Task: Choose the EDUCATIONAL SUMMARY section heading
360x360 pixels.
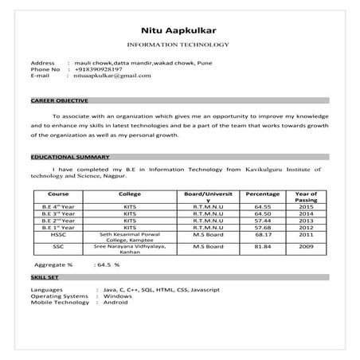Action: (64, 158)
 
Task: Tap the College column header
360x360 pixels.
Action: (130, 194)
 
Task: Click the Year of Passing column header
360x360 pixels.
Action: (305, 198)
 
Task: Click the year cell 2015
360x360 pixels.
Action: (306, 206)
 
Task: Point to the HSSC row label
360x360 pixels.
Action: (58, 235)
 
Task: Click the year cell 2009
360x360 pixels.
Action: (306, 247)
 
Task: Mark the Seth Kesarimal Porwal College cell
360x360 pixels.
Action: (130, 237)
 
